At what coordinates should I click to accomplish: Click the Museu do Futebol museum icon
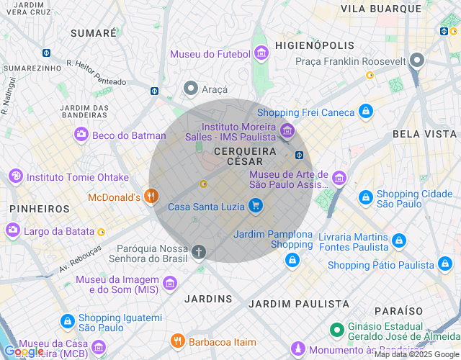(261, 53)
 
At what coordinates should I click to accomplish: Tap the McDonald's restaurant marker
(151, 196)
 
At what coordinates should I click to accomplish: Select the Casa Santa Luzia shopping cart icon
(255, 206)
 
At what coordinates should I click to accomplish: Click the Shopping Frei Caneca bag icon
(366, 112)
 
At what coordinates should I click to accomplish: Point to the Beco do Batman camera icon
(81, 135)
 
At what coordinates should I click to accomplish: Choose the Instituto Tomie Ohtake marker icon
(15, 176)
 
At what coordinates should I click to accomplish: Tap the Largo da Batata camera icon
(12, 230)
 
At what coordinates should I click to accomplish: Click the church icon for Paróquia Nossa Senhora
(198, 252)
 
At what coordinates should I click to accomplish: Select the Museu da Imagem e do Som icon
(169, 284)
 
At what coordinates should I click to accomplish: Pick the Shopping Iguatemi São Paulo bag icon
(66, 322)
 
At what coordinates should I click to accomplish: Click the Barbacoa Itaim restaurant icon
(177, 341)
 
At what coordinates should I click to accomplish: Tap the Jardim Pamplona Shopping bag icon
(292, 259)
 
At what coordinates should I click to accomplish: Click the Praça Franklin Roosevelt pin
(416, 61)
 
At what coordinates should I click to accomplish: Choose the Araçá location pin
(190, 88)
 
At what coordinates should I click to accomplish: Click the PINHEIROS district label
(40, 209)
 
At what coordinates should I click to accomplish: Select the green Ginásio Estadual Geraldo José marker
(336, 330)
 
